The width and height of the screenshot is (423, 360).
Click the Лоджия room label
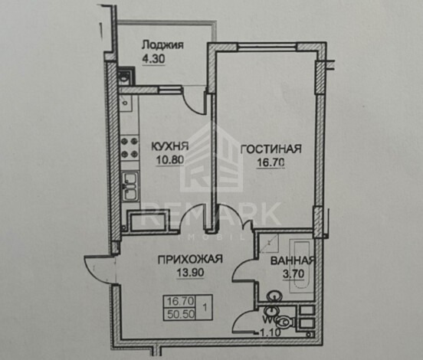coord(162,44)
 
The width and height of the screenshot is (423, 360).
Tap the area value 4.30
coord(153,59)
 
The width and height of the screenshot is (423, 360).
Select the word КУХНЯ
coord(169,146)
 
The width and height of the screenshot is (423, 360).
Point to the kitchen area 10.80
coord(170,160)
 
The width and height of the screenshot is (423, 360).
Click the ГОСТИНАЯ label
coord(271,149)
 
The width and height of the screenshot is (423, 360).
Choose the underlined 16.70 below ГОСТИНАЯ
coord(271,162)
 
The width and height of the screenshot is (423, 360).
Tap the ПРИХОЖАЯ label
coord(190,259)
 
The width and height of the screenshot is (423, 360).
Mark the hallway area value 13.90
coord(190,273)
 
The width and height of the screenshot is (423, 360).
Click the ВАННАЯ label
coord(293,260)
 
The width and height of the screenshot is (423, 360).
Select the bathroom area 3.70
coord(293,274)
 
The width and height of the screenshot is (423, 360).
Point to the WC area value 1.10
coord(270,332)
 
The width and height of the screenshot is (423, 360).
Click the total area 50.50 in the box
coord(181,314)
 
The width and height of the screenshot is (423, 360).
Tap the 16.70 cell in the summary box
coord(181,301)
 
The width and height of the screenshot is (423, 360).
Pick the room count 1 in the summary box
coord(205,307)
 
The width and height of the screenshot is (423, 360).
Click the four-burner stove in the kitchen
coord(130,148)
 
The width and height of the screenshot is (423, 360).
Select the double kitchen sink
coord(131,186)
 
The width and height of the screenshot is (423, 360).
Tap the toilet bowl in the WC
coord(284,322)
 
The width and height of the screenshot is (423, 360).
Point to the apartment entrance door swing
coord(100,269)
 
